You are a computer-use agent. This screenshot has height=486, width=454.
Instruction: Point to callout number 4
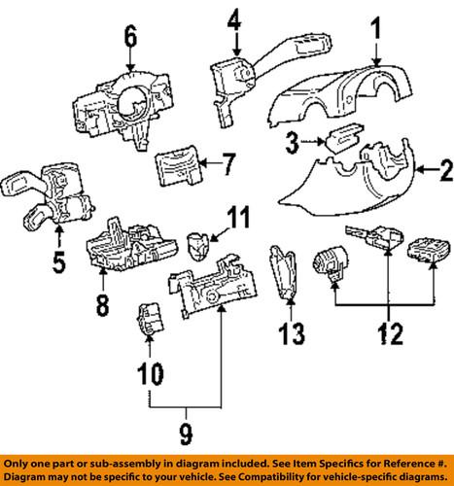[233, 18]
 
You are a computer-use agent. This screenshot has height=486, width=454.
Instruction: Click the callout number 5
[59, 261]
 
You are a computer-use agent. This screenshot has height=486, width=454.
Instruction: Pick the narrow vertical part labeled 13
[285, 272]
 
